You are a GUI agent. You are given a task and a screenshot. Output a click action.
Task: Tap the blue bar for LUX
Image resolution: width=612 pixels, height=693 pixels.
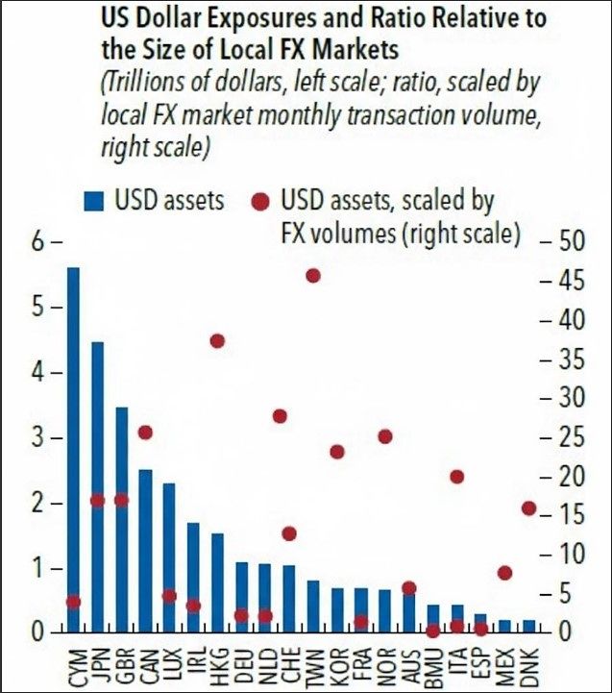(x=169, y=557)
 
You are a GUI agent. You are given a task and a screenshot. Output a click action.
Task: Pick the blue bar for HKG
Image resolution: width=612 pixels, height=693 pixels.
(x=217, y=582)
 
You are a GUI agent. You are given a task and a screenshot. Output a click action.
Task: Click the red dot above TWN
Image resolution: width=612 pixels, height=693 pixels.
(x=312, y=276)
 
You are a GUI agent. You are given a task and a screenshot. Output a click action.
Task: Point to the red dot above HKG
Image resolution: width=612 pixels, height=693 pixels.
(x=217, y=341)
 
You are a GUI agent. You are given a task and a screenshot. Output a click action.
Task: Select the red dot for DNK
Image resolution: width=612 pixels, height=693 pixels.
(x=528, y=508)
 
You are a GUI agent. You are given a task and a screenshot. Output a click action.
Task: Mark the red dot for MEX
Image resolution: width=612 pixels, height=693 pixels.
(x=505, y=573)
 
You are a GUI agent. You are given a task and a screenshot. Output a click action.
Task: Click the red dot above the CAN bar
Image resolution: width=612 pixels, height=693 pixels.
(x=145, y=433)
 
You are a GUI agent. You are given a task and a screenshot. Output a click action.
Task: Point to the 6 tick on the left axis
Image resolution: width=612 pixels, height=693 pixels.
(x=40, y=242)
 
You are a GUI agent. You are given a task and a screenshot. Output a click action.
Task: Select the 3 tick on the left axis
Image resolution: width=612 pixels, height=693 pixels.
(x=40, y=438)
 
